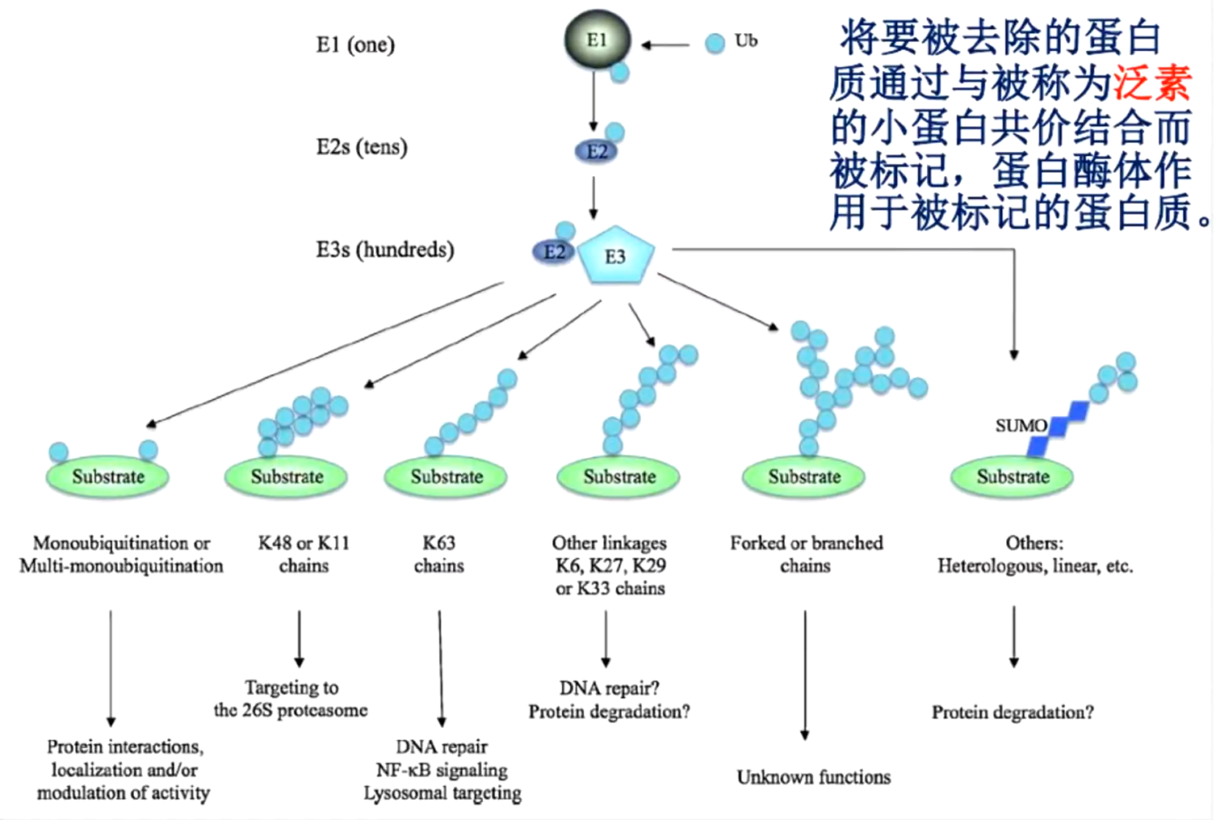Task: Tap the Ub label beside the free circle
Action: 745,40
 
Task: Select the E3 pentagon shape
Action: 615,256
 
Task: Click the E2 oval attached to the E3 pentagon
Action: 554,252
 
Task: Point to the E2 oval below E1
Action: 596,151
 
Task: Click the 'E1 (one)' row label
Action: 355,44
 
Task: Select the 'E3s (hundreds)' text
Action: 384,250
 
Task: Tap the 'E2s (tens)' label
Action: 362,147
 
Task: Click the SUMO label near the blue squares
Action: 1021,426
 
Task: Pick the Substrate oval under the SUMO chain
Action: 1013,477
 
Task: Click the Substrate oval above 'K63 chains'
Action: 446,477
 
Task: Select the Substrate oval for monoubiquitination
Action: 107,477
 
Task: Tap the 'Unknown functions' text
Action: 813,777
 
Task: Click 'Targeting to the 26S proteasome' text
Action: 291,699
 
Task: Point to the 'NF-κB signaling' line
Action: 442,770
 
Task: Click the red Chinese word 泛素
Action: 1152,82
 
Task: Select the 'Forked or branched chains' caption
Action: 806,554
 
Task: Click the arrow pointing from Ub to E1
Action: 666,45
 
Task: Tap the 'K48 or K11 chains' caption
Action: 304,554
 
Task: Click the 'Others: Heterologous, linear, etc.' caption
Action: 1034,554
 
